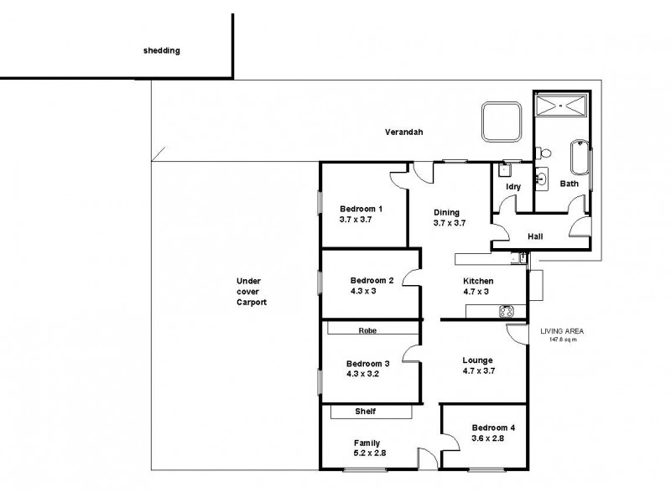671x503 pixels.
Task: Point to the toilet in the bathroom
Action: tap(546, 153)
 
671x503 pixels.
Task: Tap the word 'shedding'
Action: tap(162, 50)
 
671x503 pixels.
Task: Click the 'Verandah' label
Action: tap(403, 132)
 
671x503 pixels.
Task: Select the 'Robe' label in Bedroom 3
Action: tap(367, 330)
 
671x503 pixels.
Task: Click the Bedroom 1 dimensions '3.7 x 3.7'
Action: tap(355, 219)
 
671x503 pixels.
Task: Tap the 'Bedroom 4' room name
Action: tap(492, 428)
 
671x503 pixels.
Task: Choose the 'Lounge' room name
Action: tap(477, 360)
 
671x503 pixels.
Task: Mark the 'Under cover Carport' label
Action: tap(251, 292)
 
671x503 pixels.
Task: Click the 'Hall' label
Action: tap(535, 236)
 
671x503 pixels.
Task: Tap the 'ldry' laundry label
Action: tap(513, 187)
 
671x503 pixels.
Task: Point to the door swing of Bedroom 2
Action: tap(410, 277)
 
